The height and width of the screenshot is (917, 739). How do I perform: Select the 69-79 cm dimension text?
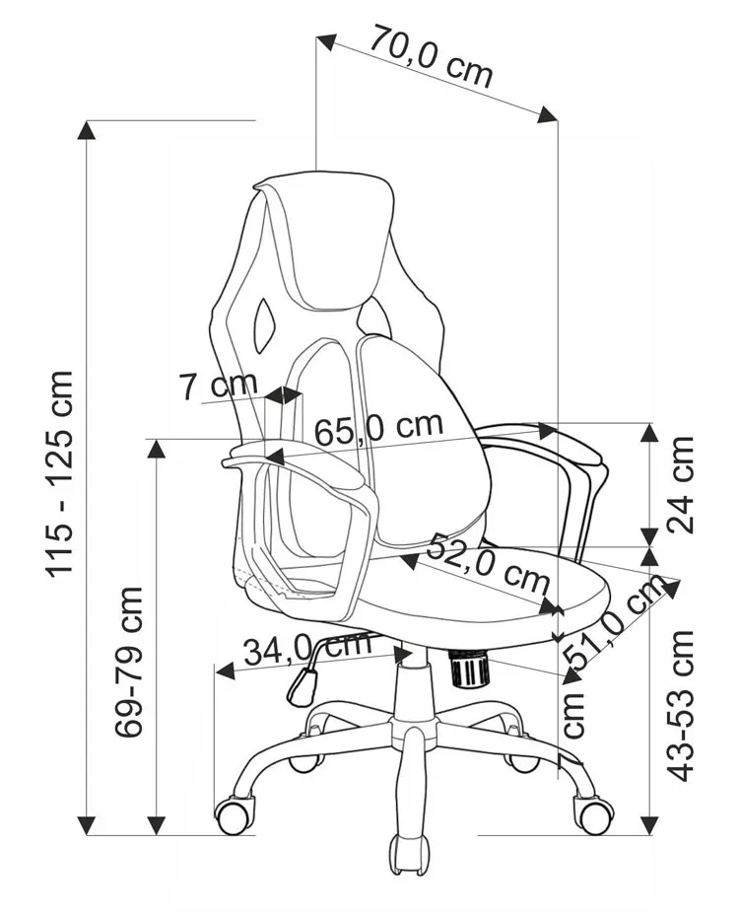pyautogui.click(x=128, y=662)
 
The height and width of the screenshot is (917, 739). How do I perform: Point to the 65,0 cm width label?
pyautogui.click(x=378, y=429)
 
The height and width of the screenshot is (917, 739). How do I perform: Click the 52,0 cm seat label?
pyautogui.click(x=487, y=562)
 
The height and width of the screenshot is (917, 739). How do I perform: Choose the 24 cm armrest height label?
pyautogui.click(x=680, y=484)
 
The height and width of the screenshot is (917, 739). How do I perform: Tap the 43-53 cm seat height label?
pyautogui.click(x=680, y=706)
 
